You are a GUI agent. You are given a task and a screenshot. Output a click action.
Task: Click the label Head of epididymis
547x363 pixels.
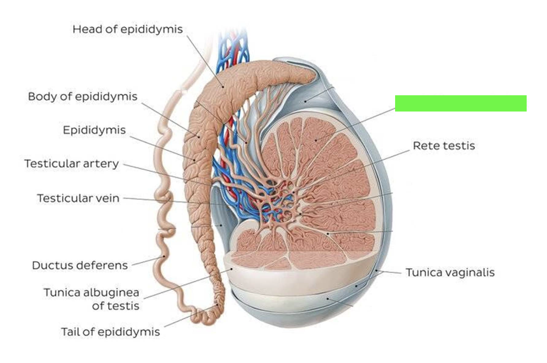pos(127,29)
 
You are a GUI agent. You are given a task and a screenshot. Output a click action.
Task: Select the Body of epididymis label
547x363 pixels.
pos(83,97)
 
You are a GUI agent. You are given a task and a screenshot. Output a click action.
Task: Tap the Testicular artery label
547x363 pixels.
pos(71,164)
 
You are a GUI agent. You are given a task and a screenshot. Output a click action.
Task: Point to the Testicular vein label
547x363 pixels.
pos(78,198)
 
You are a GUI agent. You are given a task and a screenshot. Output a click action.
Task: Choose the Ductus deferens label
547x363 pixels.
pos(80,265)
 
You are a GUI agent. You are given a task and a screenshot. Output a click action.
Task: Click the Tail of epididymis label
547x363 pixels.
pos(110,332)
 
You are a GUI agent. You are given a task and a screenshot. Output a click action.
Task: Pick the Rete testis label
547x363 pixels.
pos(444,146)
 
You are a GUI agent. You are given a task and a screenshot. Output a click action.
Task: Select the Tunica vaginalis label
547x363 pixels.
pos(450,273)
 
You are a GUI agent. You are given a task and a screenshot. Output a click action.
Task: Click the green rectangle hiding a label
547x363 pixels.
pos(461,103)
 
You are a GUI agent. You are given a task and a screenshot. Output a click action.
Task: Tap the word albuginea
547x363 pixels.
pos(111,293)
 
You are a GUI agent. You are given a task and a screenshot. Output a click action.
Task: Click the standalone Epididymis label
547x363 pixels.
pos(94,130)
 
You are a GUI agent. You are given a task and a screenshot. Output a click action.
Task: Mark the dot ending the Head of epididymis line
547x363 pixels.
pos(223,87)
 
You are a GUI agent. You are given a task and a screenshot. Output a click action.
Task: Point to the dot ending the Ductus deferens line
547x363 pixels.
pos(164,256)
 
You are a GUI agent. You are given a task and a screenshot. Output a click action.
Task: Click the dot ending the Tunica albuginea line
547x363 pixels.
pos(231,269)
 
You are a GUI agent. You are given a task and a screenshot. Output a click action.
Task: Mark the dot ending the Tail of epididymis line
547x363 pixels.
pos(217,305)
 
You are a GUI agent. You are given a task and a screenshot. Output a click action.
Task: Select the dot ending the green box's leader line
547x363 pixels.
pos(316,140)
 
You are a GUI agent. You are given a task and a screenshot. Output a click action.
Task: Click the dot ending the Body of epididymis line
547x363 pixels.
pos(199,137)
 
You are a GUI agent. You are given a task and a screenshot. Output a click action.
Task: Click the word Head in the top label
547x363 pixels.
pos(88,29)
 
